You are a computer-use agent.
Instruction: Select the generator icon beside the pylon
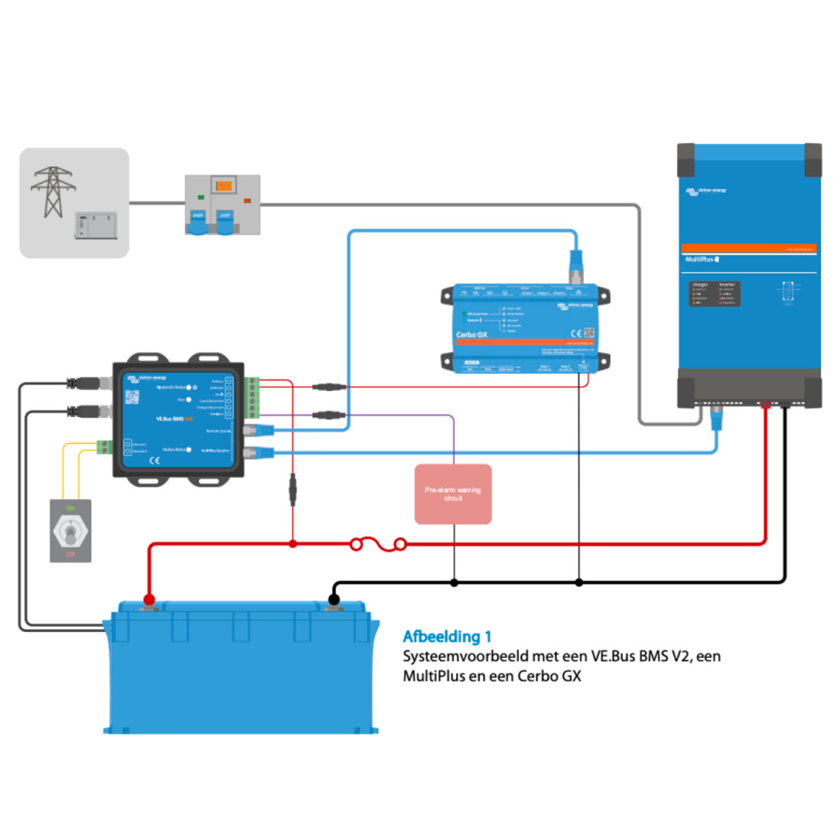click(x=95, y=226)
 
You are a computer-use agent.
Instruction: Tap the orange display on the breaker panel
click(x=222, y=187)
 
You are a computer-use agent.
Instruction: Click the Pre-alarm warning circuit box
click(x=453, y=494)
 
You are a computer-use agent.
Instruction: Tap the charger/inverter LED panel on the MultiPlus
click(x=714, y=294)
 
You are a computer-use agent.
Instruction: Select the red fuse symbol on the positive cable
click(x=378, y=543)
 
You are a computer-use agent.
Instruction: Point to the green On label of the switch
click(x=70, y=508)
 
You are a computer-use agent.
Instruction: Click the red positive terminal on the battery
click(x=148, y=601)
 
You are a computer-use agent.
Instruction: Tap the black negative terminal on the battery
click(x=333, y=601)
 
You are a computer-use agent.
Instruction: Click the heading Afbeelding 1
click(x=447, y=636)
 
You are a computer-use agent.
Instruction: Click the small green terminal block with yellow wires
click(x=103, y=446)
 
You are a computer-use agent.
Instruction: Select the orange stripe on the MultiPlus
click(x=748, y=247)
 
